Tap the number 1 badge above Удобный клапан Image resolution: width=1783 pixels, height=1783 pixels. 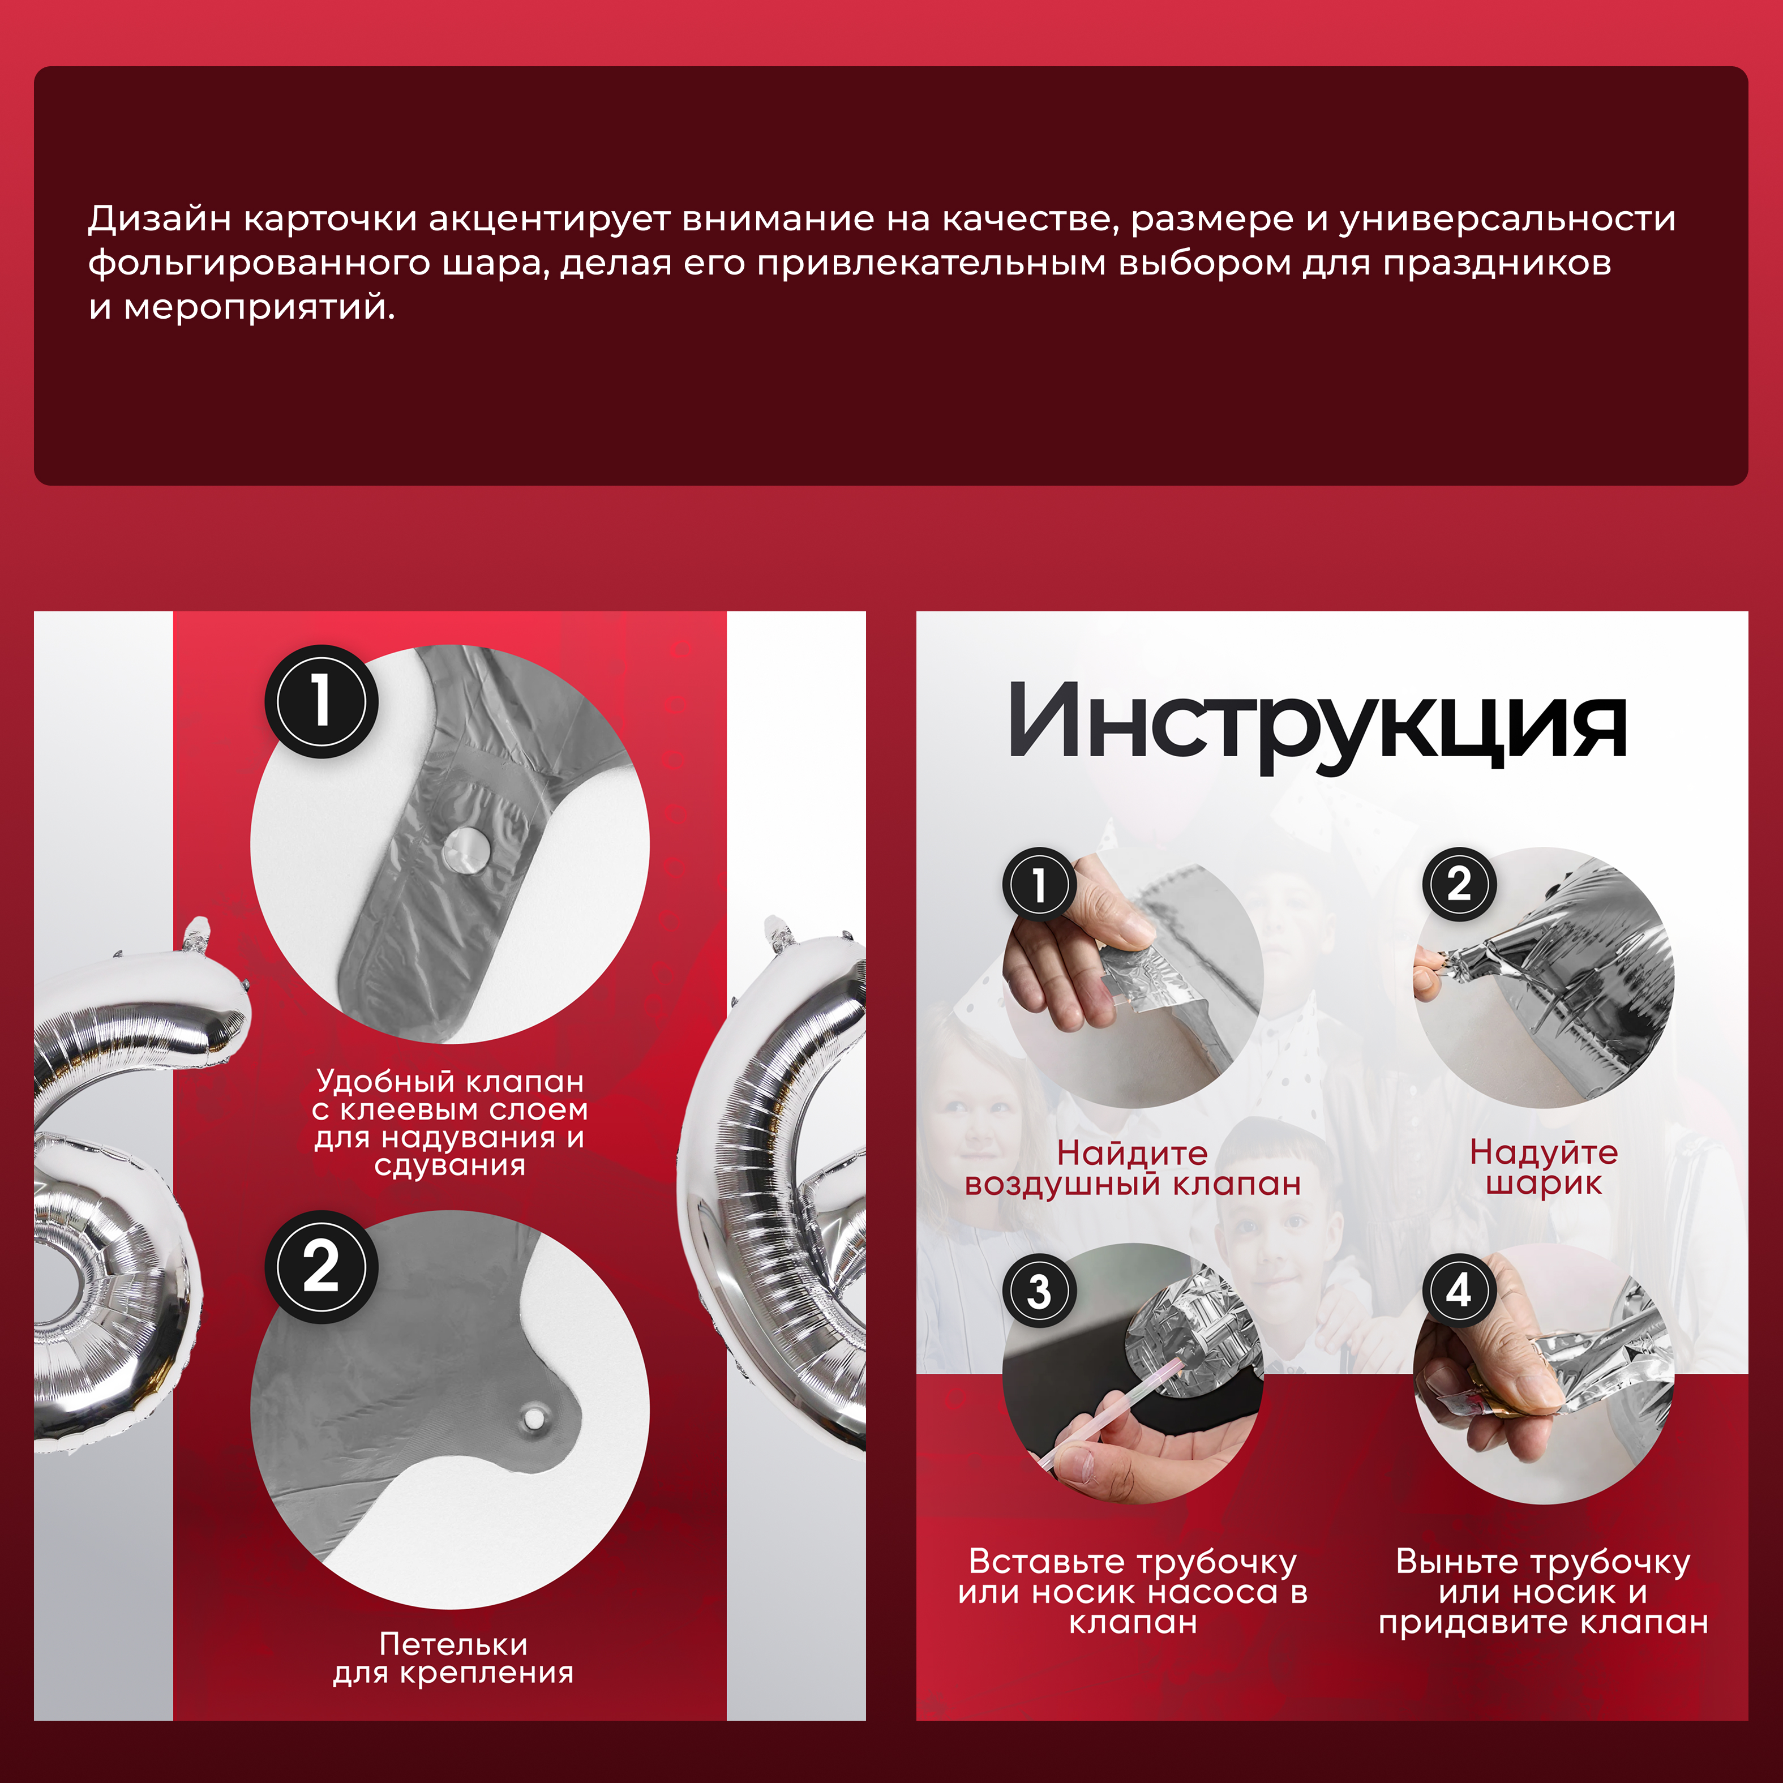click(x=321, y=701)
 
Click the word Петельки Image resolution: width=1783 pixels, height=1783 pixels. click(x=453, y=1644)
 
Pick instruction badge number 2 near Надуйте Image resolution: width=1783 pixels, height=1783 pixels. click(x=1459, y=883)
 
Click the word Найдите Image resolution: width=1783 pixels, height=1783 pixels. click(x=1133, y=1152)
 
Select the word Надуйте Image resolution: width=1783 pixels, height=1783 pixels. click(x=1544, y=1152)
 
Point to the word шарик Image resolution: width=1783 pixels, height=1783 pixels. click(x=1544, y=1183)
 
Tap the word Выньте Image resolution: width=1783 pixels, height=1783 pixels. click(x=1452, y=1562)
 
